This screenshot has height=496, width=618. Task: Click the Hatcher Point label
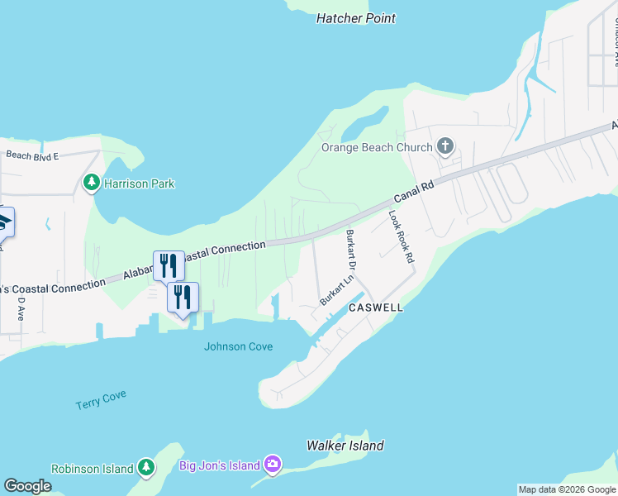coord(356,18)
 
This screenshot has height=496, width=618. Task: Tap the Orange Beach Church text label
coord(377,147)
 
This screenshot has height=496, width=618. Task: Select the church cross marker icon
coord(445,147)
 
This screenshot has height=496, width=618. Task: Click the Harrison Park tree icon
coord(92,183)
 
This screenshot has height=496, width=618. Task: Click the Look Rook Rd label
coord(401,236)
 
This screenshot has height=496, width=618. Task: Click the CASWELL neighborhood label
coord(376,308)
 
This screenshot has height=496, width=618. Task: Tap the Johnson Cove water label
coord(239,346)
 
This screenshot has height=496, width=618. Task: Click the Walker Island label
coord(345,446)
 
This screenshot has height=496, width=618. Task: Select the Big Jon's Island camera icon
coord(273,465)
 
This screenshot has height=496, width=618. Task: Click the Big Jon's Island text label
coord(220,465)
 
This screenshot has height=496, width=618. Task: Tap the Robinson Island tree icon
coord(146,469)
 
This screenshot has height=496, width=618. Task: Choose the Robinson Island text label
coord(93,469)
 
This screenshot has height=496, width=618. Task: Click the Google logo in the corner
coord(27,486)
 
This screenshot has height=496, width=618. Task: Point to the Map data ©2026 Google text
coord(567,489)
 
